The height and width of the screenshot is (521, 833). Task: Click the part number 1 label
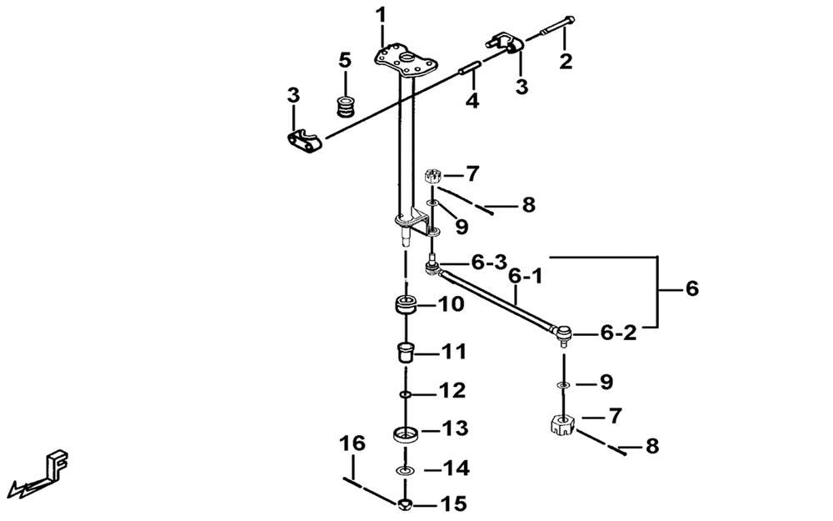click(x=381, y=15)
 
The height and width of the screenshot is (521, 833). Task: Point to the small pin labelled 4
click(x=470, y=68)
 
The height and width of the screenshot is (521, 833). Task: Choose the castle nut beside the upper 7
click(x=433, y=176)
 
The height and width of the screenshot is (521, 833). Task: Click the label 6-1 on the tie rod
click(x=526, y=277)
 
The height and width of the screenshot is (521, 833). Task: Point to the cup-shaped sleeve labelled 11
click(x=406, y=352)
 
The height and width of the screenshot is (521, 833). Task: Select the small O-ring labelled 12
click(x=405, y=394)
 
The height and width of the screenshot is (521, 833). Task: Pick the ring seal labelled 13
click(x=406, y=433)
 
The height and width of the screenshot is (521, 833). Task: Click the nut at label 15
click(x=405, y=503)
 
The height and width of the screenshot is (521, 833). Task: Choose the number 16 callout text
click(x=352, y=443)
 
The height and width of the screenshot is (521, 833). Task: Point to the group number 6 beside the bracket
click(x=691, y=288)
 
